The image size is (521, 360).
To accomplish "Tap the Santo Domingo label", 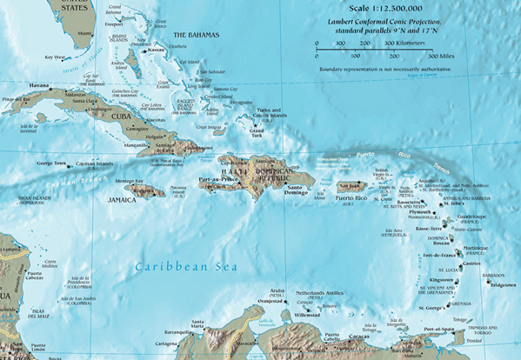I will (x=294, y=190).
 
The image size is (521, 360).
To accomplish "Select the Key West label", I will (x=55, y=57).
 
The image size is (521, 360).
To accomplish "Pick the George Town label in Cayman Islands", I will (x=51, y=163).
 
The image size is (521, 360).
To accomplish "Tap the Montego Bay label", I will (x=128, y=180).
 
